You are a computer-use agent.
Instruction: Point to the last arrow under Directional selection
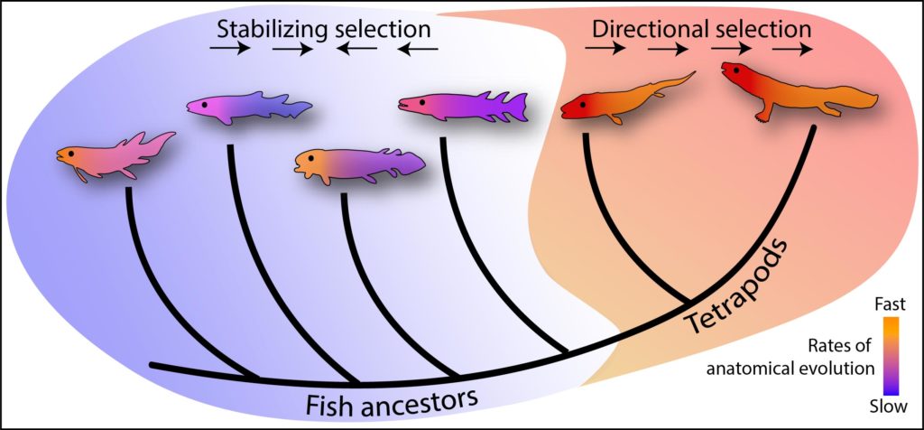792,51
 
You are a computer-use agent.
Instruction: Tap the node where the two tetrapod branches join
691,302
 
